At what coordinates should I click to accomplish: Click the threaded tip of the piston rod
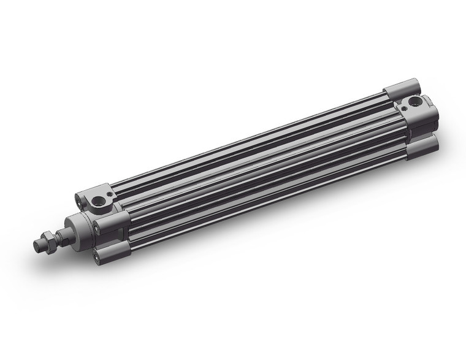39,244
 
